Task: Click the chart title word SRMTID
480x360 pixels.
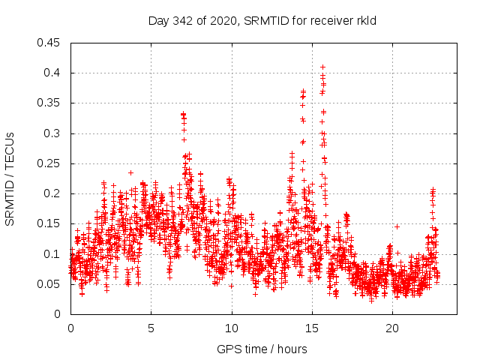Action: point(268,21)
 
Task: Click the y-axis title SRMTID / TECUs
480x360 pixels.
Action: point(10,178)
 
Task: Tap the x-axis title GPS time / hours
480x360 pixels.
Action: point(262,349)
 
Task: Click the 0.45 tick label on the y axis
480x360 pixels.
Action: point(49,43)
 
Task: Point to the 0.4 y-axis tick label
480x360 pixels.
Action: point(52,73)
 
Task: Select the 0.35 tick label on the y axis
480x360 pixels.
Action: point(49,103)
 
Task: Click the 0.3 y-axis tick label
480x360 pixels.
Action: point(52,133)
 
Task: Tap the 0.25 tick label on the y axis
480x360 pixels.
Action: point(49,163)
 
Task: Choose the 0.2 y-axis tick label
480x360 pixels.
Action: point(52,193)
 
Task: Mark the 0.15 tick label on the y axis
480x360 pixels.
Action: point(49,223)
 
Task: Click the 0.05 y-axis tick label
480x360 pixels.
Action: point(49,284)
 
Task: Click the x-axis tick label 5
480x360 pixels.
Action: point(151,329)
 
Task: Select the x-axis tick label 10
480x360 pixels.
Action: point(232,329)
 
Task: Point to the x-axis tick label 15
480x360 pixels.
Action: point(312,329)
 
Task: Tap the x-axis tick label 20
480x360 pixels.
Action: point(392,329)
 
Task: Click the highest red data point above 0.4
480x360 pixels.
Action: point(322,67)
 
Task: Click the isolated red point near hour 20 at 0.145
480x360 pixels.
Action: point(397,226)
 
